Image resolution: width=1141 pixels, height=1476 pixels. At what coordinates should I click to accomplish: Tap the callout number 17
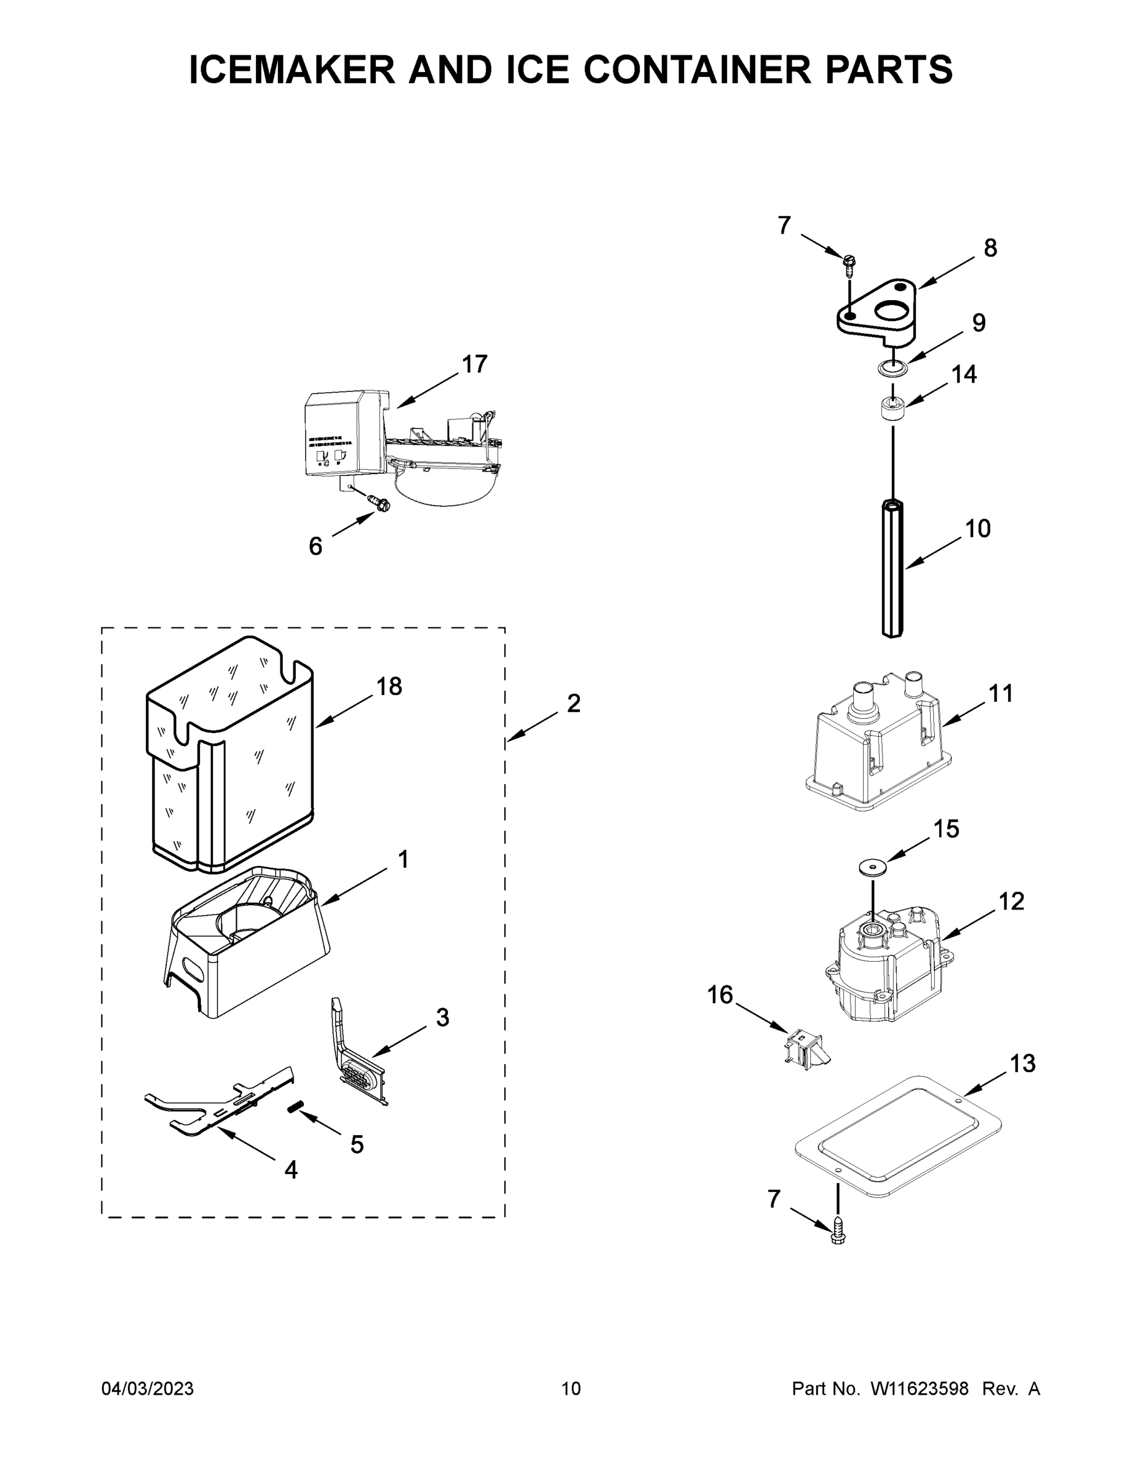coord(474,364)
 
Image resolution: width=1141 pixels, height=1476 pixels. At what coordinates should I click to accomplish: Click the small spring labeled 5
coord(295,1107)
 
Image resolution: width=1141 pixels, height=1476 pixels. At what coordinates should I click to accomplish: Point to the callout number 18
coord(389,686)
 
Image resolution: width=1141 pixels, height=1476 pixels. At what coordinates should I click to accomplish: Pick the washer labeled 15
coord(872,867)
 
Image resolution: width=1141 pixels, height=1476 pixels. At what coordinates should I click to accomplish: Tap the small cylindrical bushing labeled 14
coord(893,409)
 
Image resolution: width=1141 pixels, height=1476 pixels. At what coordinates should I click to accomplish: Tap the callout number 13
coord(1022,1063)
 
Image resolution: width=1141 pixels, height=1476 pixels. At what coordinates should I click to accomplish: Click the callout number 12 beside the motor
coord(1011,901)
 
